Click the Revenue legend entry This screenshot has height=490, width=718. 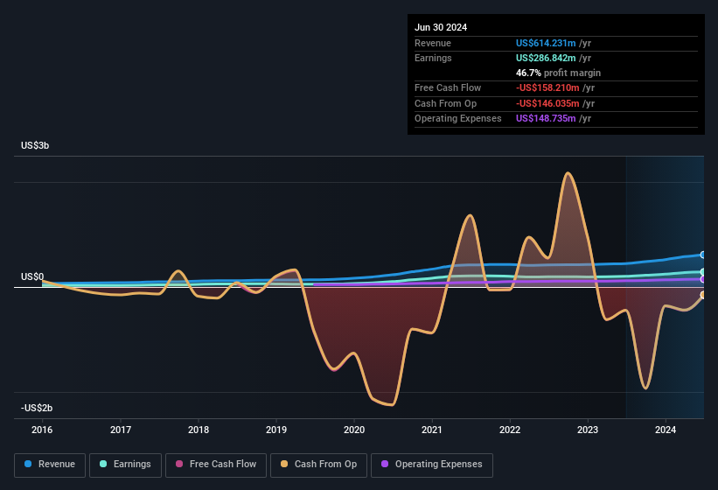[50, 465]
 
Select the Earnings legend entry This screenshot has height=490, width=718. [125, 465]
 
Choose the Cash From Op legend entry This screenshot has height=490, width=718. [318, 465]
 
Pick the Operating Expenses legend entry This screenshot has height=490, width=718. [431, 465]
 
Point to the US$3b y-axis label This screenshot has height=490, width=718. [35, 145]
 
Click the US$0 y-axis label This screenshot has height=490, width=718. [32, 276]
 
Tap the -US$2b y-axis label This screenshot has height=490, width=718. [37, 408]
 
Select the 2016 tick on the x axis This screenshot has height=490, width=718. [42, 430]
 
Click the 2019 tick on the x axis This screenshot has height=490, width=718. [276, 430]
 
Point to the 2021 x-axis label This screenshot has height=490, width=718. [431, 430]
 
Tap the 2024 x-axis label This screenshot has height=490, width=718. [666, 430]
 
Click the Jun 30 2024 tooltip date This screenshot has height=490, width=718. [441, 27]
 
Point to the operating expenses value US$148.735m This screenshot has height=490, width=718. [547, 118]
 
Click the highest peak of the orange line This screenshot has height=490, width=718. [568, 173]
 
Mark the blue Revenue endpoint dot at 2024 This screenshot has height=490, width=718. [702, 255]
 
